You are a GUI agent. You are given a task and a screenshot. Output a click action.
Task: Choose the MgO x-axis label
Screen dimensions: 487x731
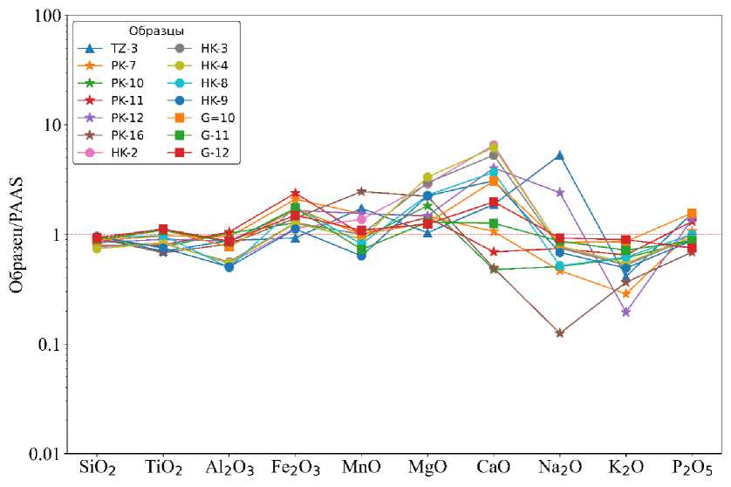tap(427, 470)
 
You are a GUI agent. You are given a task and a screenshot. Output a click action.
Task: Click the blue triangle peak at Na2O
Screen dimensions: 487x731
tap(560, 155)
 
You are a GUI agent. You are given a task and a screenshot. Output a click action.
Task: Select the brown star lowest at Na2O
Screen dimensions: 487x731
tap(560, 333)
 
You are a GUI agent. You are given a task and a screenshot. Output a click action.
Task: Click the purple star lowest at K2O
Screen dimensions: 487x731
tap(626, 312)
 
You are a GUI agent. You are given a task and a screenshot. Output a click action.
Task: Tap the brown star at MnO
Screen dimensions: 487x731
tap(361, 191)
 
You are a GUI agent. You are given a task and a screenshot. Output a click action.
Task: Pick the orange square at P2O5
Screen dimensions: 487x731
tap(692, 214)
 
